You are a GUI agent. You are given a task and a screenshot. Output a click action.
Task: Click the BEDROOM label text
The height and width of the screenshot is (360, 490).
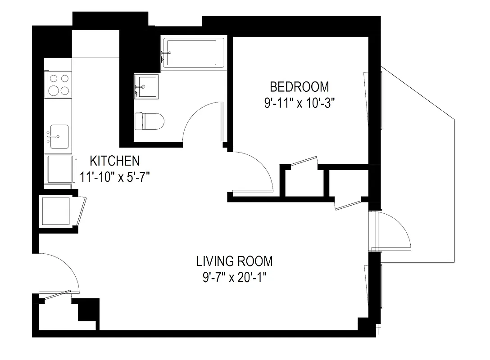(x=299, y=86)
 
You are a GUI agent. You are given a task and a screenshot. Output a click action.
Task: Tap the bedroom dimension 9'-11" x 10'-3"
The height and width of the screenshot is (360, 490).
(x=299, y=103)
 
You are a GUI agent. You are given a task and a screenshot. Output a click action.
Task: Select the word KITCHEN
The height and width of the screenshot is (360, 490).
(x=115, y=160)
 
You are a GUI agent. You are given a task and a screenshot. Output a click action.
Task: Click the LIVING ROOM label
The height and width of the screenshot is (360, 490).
(x=234, y=261)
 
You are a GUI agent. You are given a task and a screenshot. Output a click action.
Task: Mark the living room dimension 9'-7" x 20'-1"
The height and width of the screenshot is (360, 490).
(x=234, y=277)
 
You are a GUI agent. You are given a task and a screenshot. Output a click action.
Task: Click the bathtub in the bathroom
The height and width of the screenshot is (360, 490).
(x=194, y=53)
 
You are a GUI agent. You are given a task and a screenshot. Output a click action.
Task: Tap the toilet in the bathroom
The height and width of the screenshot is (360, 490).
(x=150, y=121)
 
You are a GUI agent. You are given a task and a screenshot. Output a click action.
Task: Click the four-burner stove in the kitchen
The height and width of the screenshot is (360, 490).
(x=59, y=84)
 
